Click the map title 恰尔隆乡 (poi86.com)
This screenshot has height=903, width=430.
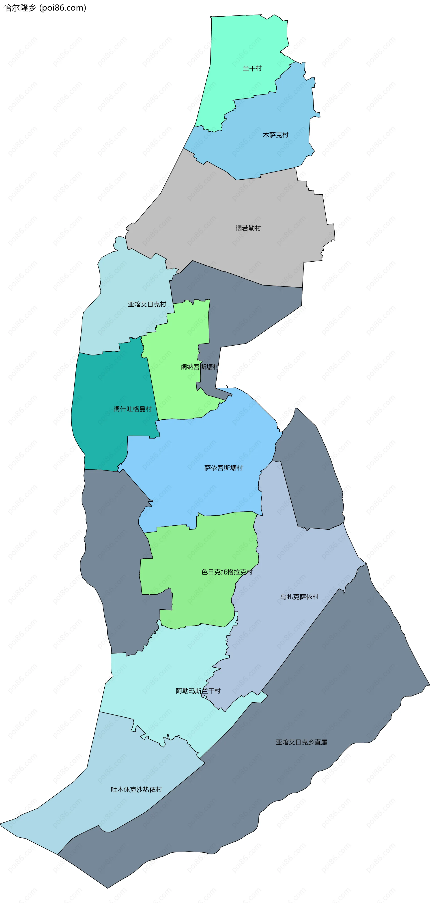point(45,8)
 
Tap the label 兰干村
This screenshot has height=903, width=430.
point(252,68)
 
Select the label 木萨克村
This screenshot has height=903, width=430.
point(275,135)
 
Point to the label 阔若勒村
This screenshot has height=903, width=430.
point(248,228)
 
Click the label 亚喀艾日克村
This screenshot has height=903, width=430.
point(147,304)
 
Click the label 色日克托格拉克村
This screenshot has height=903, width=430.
point(227,572)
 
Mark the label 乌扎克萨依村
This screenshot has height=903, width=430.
point(299,597)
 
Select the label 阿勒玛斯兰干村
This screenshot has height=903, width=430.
point(198,691)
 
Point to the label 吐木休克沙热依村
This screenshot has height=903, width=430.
point(136,789)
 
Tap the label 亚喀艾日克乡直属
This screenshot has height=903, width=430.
point(301,742)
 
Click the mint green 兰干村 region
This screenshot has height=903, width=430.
point(245,42)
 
